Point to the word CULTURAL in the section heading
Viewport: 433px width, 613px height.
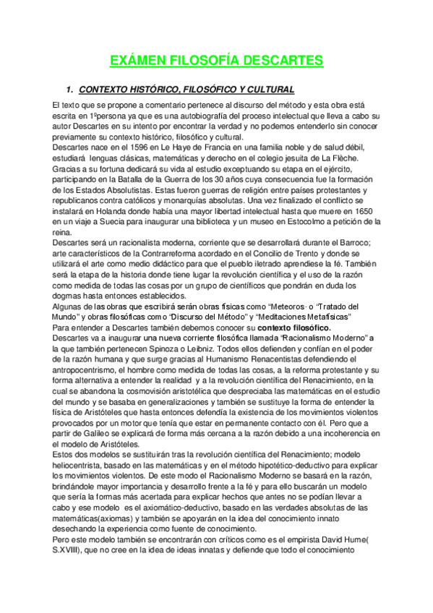(266, 90)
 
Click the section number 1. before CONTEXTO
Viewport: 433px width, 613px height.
(70, 90)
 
